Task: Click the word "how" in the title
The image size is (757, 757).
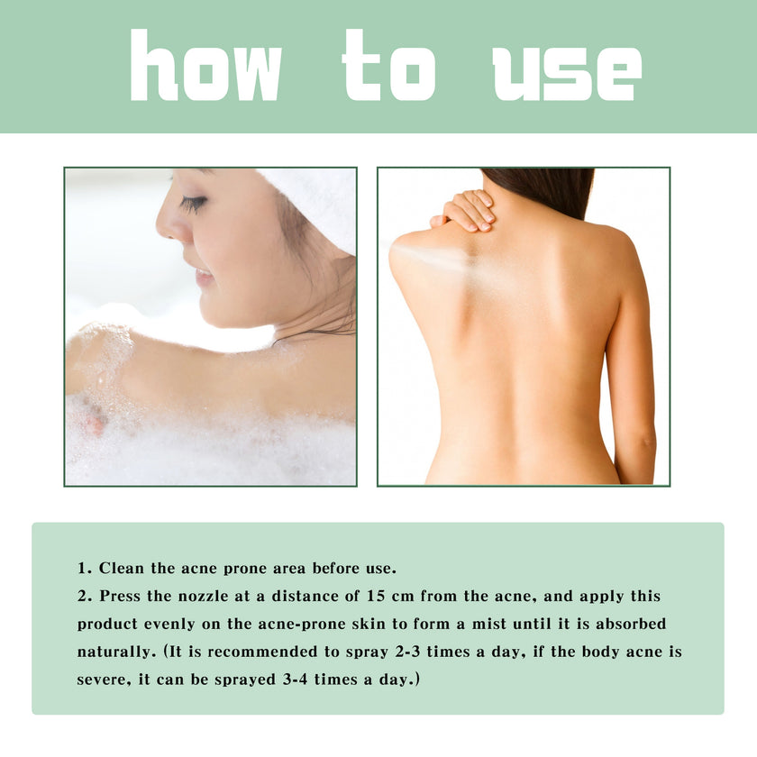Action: click(205, 67)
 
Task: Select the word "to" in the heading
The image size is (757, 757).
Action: click(388, 67)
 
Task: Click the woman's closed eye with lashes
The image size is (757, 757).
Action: click(193, 204)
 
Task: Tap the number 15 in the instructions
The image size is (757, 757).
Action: click(377, 597)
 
